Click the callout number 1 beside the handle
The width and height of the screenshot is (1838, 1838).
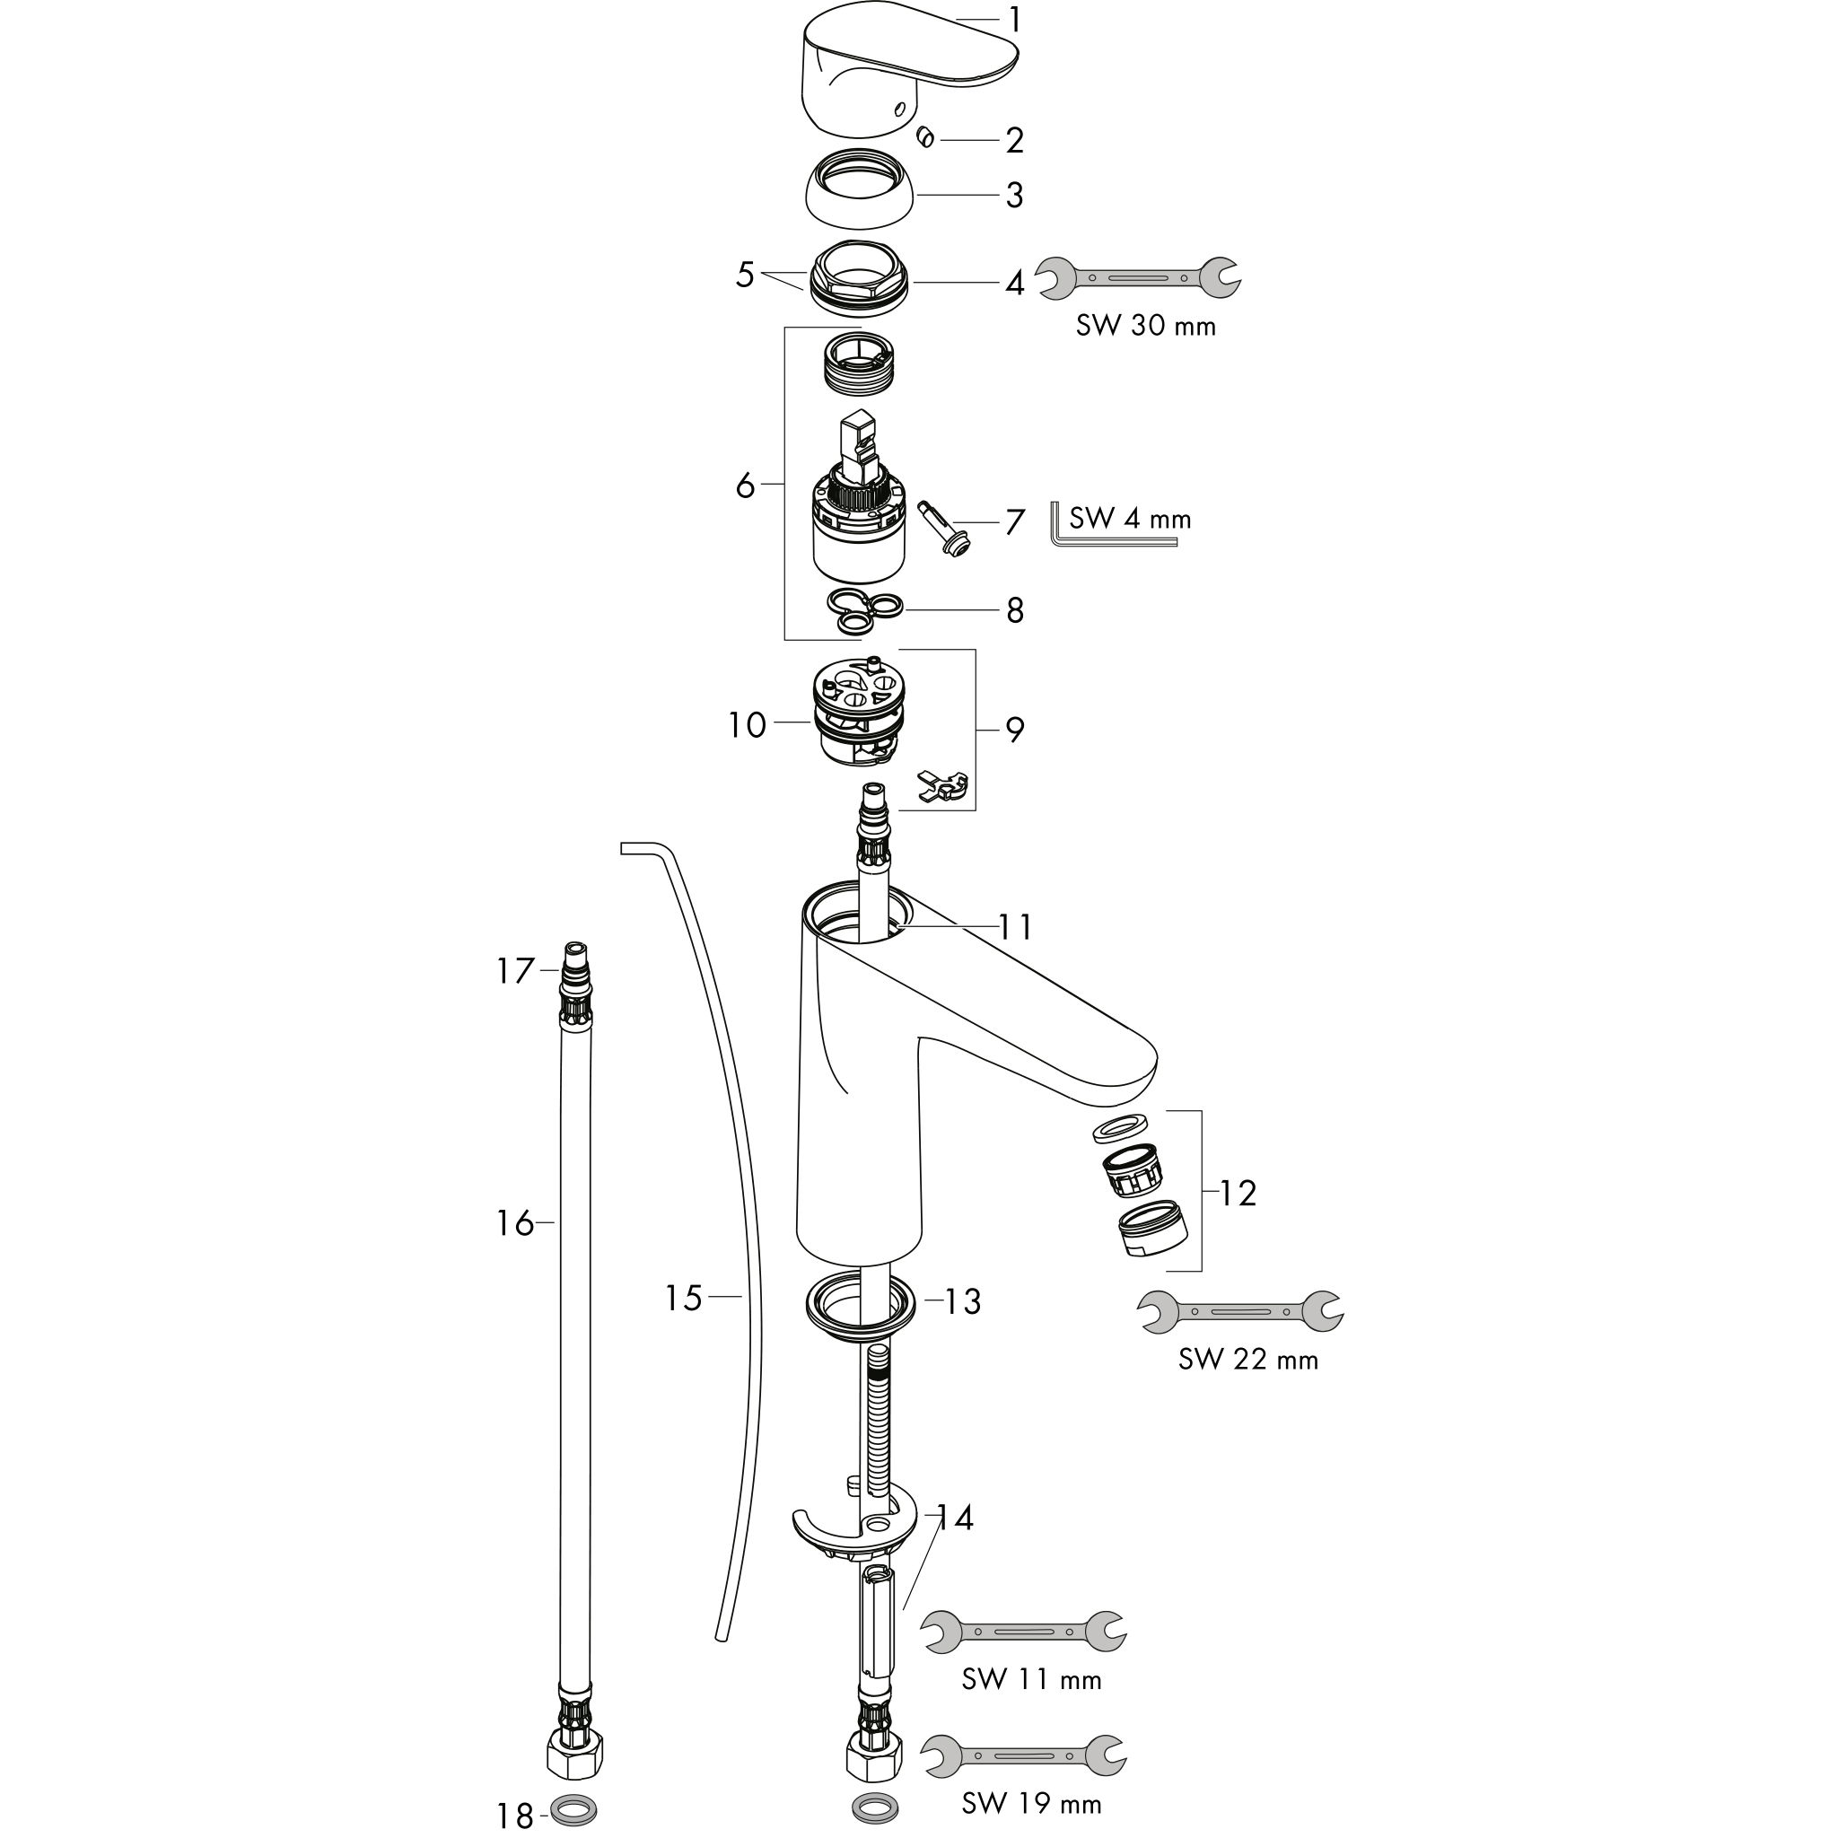[x=1015, y=20]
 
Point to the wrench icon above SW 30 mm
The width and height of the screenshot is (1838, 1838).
[x=1138, y=279]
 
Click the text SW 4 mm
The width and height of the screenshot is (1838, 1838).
[x=1130, y=519]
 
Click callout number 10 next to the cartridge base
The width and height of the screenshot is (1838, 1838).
[x=747, y=726]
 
